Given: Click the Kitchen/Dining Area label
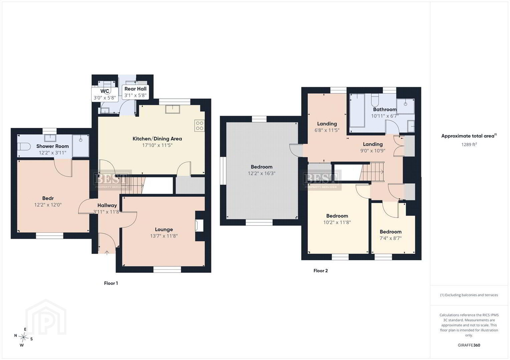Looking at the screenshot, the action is [157, 139].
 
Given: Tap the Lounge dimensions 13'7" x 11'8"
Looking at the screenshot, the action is [164, 236].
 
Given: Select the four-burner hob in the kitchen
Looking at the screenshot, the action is [199, 126].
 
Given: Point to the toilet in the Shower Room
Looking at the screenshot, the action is [24, 147].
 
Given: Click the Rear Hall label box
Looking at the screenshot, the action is [136, 92].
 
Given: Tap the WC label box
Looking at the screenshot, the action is [105, 94].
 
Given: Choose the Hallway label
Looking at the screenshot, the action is [107, 205].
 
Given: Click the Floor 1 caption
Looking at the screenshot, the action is [111, 283].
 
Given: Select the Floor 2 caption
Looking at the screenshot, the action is [321, 271].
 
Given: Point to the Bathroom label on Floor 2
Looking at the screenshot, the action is [385, 109].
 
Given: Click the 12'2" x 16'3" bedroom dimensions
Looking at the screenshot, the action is [262, 173].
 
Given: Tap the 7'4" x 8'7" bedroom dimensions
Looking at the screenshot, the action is [390, 238].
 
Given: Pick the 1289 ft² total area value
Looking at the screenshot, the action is [469, 145].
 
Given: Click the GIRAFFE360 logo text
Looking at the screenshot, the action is [469, 345].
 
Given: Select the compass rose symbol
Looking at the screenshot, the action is [23, 337].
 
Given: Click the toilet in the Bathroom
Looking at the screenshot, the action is [375, 100].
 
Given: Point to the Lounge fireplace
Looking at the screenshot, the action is [199, 225].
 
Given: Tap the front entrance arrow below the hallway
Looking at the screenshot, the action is [107, 253].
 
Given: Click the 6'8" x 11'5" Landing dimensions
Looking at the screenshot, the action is [327, 130].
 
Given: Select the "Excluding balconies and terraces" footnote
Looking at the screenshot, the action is [469, 295].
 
